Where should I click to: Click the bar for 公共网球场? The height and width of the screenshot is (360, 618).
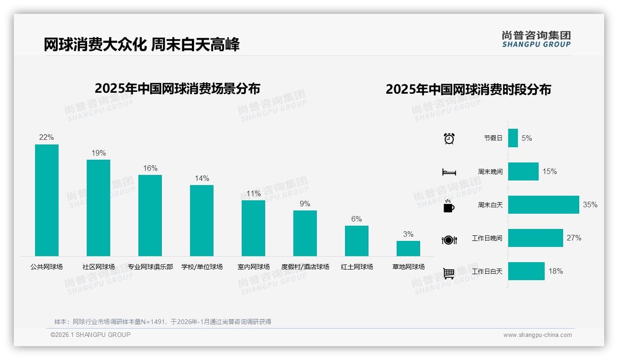click(47, 200)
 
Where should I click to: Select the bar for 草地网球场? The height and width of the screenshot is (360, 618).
click(408, 248)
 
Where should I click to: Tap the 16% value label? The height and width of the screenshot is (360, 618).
click(150, 168)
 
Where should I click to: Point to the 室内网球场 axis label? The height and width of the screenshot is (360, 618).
click(254, 267)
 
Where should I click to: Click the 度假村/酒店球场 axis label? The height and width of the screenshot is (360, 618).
click(305, 267)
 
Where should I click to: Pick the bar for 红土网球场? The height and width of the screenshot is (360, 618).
click(357, 240)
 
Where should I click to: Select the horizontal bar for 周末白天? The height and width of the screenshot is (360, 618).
click(543, 204)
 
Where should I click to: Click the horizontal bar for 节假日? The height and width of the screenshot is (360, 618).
click(513, 138)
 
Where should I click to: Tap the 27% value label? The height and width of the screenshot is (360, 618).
click(574, 238)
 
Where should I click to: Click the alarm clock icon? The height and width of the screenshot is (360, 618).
click(449, 138)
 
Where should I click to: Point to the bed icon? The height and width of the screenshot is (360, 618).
click(449, 172)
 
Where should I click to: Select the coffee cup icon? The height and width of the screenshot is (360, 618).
click(449, 206)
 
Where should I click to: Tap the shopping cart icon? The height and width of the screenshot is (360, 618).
click(449, 273)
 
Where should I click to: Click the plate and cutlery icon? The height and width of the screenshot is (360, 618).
click(449, 240)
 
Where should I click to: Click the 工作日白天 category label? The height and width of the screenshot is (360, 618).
click(487, 271)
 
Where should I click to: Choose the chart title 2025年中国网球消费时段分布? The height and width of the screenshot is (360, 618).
click(468, 90)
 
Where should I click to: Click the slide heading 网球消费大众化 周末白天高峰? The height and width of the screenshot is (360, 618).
click(142, 45)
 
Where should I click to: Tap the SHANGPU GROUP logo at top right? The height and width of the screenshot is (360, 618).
click(536, 39)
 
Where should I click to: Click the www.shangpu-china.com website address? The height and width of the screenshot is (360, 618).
click(537, 335)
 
